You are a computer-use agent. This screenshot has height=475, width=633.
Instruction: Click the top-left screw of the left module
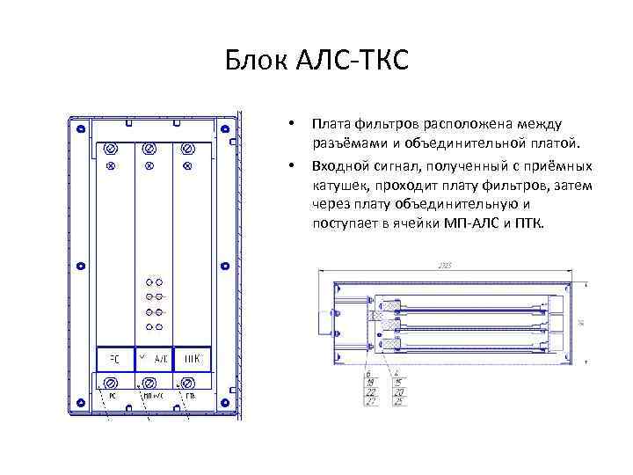click(112, 147)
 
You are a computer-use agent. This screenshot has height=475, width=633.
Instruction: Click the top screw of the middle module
click(149, 147)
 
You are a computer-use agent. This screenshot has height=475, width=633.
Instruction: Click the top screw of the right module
click(187, 147)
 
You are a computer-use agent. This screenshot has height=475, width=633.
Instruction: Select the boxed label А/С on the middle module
click(158, 359)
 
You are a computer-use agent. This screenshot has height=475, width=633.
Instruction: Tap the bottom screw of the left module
click(112, 383)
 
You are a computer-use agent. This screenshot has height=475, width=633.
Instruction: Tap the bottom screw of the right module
click(188, 383)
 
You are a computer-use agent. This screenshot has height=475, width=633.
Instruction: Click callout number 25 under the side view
click(399, 403)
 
